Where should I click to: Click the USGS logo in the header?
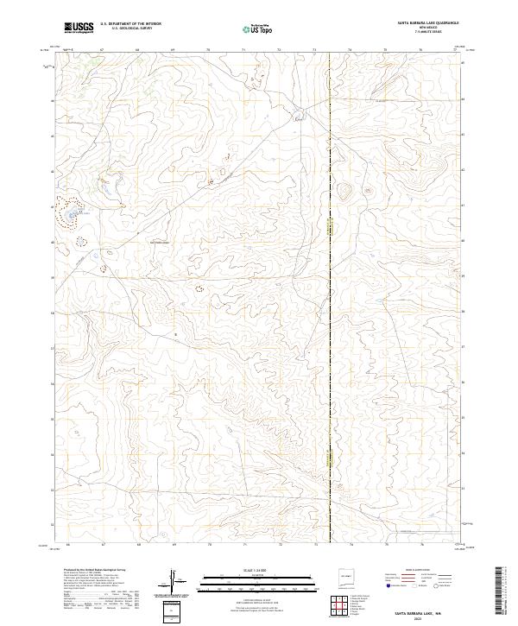tap(79, 27)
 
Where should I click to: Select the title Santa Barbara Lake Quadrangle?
tap(428, 22)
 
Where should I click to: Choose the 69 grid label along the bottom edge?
tap(174, 546)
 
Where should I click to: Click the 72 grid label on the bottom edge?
tap(280, 546)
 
